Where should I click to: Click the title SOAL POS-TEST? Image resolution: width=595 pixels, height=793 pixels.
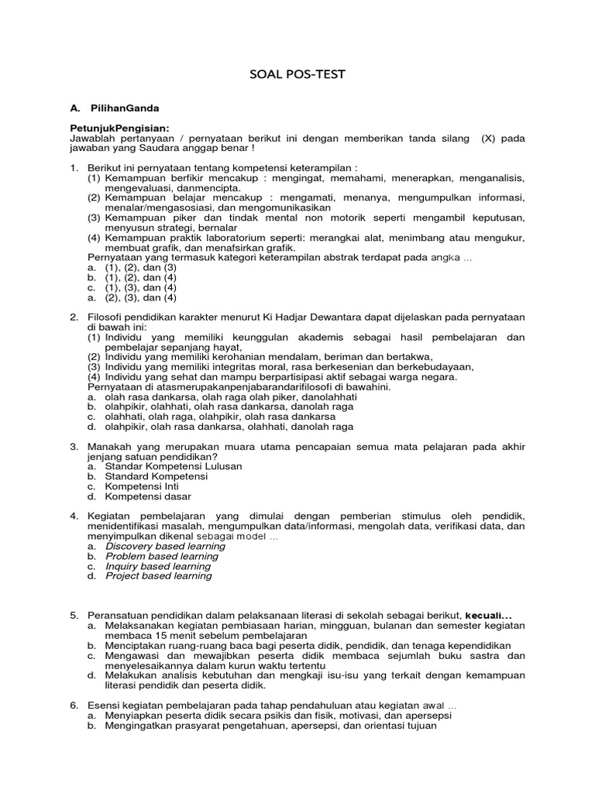click(297, 74)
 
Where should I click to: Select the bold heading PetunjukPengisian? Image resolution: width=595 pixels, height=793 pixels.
click(119, 128)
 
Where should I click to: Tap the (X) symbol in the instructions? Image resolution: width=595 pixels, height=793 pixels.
click(488, 138)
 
